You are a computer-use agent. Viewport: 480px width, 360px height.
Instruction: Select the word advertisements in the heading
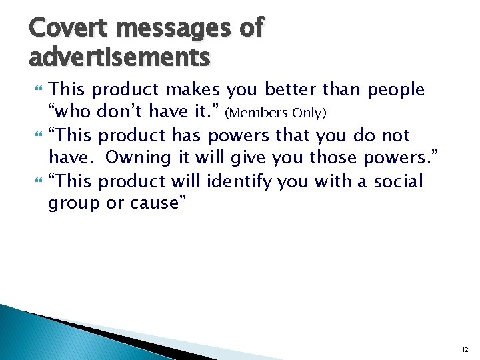120,57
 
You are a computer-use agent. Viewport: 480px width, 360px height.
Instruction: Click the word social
397,181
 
